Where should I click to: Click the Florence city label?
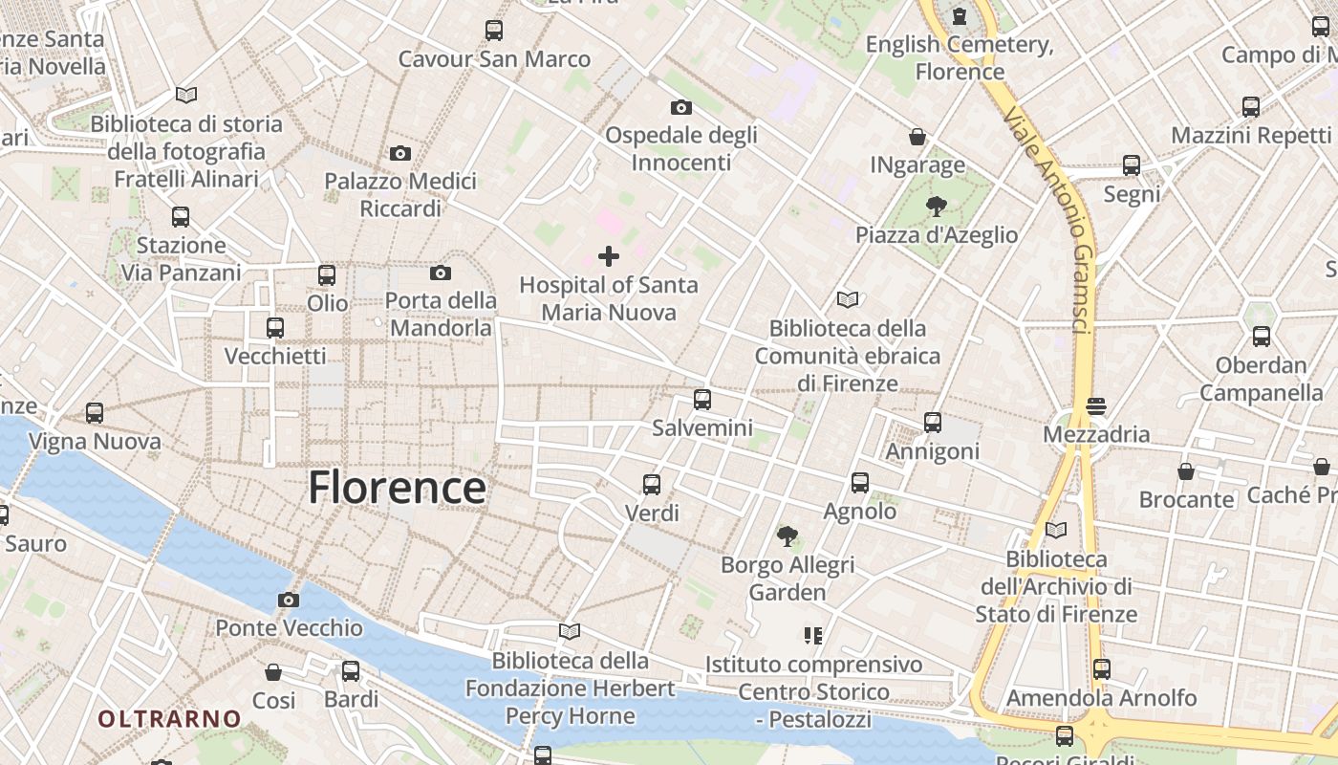pyautogui.click(x=397, y=488)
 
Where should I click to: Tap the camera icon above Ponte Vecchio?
pyautogui.click(x=288, y=600)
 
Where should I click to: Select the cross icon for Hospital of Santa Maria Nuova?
pyautogui.click(x=608, y=255)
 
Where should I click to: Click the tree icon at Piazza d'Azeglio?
pyautogui.click(x=936, y=206)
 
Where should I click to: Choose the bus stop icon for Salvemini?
pyautogui.click(x=702, y=400)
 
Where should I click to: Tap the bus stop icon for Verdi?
pyautogui.click(x=652, y=485)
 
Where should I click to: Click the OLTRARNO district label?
pyautogui.click(x=170, y=719)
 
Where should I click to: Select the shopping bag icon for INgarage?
pyautogui.click(x=917, y=137)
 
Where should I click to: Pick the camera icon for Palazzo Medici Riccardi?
pyautogui.click(x=400, y=153)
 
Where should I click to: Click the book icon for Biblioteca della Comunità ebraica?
pyautogui.click(x=847, y=299)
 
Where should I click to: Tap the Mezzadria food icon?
pyautogui.click(x=1096, y=406)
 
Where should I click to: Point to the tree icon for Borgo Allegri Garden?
pyautogui.click(x=788, y=536)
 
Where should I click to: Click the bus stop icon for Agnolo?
pyautogui.click(x=860, y=483)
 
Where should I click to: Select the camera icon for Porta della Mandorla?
pyautogui.click(x=441, y=273)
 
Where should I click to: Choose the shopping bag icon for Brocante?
pyautogui.click(x=1186, y=471)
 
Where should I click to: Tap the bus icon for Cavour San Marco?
pyautogui.click(x=494, y=31)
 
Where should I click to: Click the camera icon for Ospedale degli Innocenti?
pyautogui.click(x=681, y=107)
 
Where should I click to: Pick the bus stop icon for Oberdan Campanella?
pyautogui.click(x=1262, y=337)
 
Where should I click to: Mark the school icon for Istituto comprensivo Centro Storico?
pyautogui.click(x=813, y=635)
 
